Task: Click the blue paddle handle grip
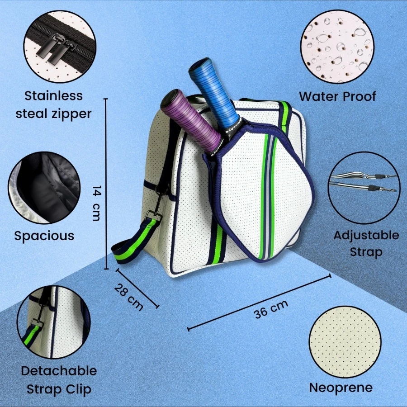[x=214, y=94]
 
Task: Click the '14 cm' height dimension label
[x=97, y=203]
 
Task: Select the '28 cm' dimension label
[x=128, y=297]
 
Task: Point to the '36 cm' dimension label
[x=271, y=309]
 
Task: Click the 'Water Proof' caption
[x=337, y=96]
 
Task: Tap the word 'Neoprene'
[x=341, y=388]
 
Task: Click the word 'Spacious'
[x=44, y=236]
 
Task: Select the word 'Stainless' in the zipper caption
[x=54, y=96]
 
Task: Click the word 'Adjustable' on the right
[x=366, y=236]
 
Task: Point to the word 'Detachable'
[x=59, y=371]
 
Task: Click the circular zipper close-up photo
[x=60, y=47]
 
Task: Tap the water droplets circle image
[x=337, y=47]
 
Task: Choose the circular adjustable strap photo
[x=363, y=188]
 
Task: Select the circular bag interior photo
[x=44, y=188]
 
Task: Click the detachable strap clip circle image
[x=54, y=322]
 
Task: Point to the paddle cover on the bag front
[x=260, y=192]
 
